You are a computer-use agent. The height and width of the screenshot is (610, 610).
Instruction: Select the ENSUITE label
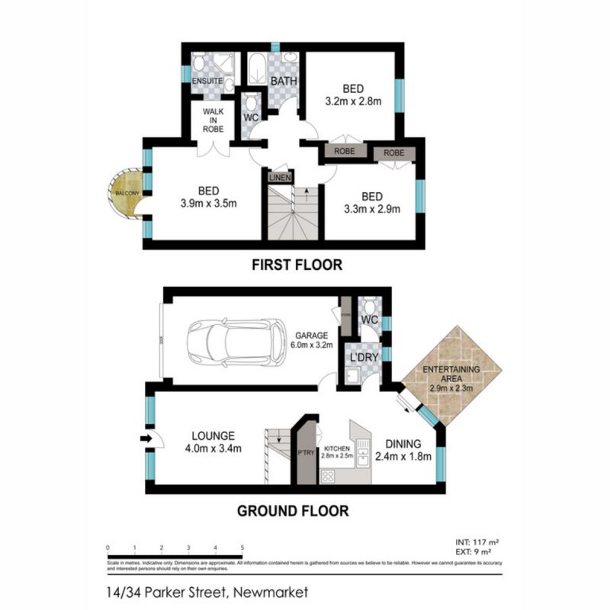(207, 80)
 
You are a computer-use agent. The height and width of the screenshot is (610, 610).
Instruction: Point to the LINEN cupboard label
(278, 177)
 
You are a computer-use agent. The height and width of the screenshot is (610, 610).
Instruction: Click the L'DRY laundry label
(362, 357)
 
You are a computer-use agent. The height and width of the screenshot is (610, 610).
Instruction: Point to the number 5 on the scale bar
(242, 547)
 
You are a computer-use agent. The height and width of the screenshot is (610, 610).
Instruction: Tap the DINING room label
(403, 443)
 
